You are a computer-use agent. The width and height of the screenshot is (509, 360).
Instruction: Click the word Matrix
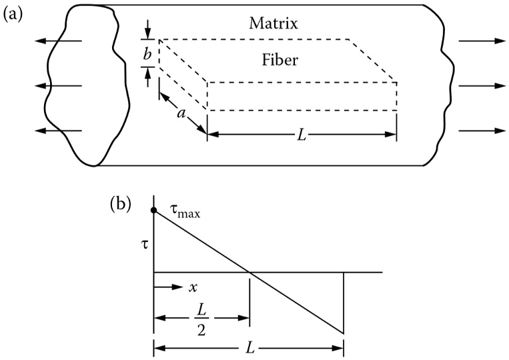point(274,25)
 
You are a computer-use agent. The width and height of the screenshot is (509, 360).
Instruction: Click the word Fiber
point(280,61)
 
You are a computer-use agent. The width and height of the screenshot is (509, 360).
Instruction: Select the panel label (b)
point(121,203)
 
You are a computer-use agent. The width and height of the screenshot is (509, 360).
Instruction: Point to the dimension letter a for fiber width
point(180,115)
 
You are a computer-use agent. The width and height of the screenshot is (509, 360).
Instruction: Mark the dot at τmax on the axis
point(154,211)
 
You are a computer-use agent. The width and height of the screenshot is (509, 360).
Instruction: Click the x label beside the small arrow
point(193,289)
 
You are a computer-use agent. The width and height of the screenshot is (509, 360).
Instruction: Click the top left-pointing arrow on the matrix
point(59,41)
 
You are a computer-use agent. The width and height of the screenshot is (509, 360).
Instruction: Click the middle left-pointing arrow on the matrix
point(59,86)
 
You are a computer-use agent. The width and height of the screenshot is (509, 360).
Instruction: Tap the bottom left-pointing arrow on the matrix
point(59,131)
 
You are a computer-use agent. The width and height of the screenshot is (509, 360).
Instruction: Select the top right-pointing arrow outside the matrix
point(482,41)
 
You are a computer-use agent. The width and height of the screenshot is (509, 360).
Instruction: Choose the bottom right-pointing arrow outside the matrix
point(482,131)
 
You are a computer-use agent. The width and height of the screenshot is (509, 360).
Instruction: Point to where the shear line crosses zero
point(249,272)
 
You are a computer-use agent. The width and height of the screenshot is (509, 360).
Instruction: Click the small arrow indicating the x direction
point(169,288)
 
